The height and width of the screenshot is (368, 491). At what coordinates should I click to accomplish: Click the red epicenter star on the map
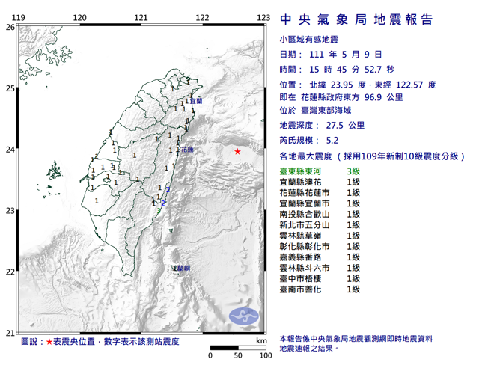(237, 152)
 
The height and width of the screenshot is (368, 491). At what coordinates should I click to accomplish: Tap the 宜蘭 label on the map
(196, 100)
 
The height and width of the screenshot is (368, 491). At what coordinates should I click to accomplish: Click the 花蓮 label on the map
(187, 150)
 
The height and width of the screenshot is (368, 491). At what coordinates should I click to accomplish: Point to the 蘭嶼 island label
(182, 267)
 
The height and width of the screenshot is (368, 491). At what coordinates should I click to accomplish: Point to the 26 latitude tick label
(10, 27)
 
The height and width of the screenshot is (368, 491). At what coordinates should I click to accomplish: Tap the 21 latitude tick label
(10, 333)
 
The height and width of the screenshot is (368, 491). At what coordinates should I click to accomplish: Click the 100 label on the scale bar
(264, 356)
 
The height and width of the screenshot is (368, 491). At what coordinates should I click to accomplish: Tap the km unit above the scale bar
(260, 340)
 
